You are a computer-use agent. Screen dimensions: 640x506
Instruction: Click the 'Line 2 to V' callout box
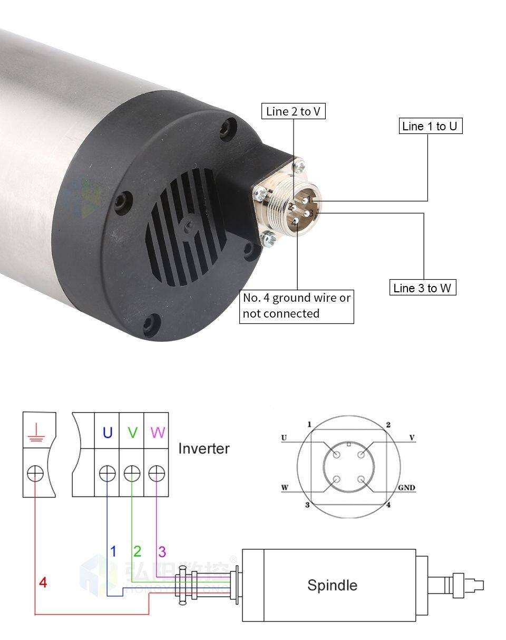coord(293,111)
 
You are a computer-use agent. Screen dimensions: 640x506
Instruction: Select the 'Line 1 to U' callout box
coord(430,126)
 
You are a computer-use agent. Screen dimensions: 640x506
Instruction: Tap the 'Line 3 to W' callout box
coord(422,288)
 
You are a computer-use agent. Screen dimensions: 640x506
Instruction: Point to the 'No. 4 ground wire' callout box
coord(296,305)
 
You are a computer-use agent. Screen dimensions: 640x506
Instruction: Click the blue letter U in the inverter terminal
coord(107,433)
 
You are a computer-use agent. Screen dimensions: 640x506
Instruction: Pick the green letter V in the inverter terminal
coord(132,433)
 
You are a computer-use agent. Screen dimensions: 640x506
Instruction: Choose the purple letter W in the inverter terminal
coord(157,433)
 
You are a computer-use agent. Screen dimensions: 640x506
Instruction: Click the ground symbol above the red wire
coord(35,434)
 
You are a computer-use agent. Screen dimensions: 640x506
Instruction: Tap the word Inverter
coord(203,448)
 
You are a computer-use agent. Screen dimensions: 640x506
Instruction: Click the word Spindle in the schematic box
coord(332,585)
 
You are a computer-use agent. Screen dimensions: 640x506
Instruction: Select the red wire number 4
coord(43,582)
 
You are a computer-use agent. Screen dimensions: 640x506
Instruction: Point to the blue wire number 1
coord(113,551)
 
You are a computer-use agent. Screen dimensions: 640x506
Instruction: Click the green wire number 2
coord(137,551)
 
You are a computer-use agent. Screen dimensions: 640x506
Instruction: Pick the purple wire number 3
coord(162,552)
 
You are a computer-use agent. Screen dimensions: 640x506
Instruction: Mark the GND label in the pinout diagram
coord(406,488)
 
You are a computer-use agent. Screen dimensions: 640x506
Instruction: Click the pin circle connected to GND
coord(361,480)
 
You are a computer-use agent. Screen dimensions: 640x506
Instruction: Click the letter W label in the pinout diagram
coord(285,488)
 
